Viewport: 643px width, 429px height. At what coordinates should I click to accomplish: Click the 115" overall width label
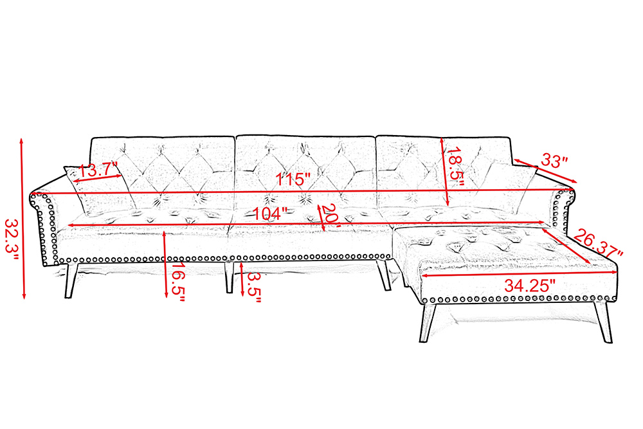293,179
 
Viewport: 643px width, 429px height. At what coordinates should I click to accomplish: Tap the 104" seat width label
270,214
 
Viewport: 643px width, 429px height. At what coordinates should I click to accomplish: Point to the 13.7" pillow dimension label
98,169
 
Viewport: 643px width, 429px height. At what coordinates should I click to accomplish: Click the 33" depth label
554,160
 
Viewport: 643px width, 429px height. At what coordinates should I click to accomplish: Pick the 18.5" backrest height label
456,167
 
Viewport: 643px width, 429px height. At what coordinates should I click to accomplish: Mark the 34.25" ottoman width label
529,286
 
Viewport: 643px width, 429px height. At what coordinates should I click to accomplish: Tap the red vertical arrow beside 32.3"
23,219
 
